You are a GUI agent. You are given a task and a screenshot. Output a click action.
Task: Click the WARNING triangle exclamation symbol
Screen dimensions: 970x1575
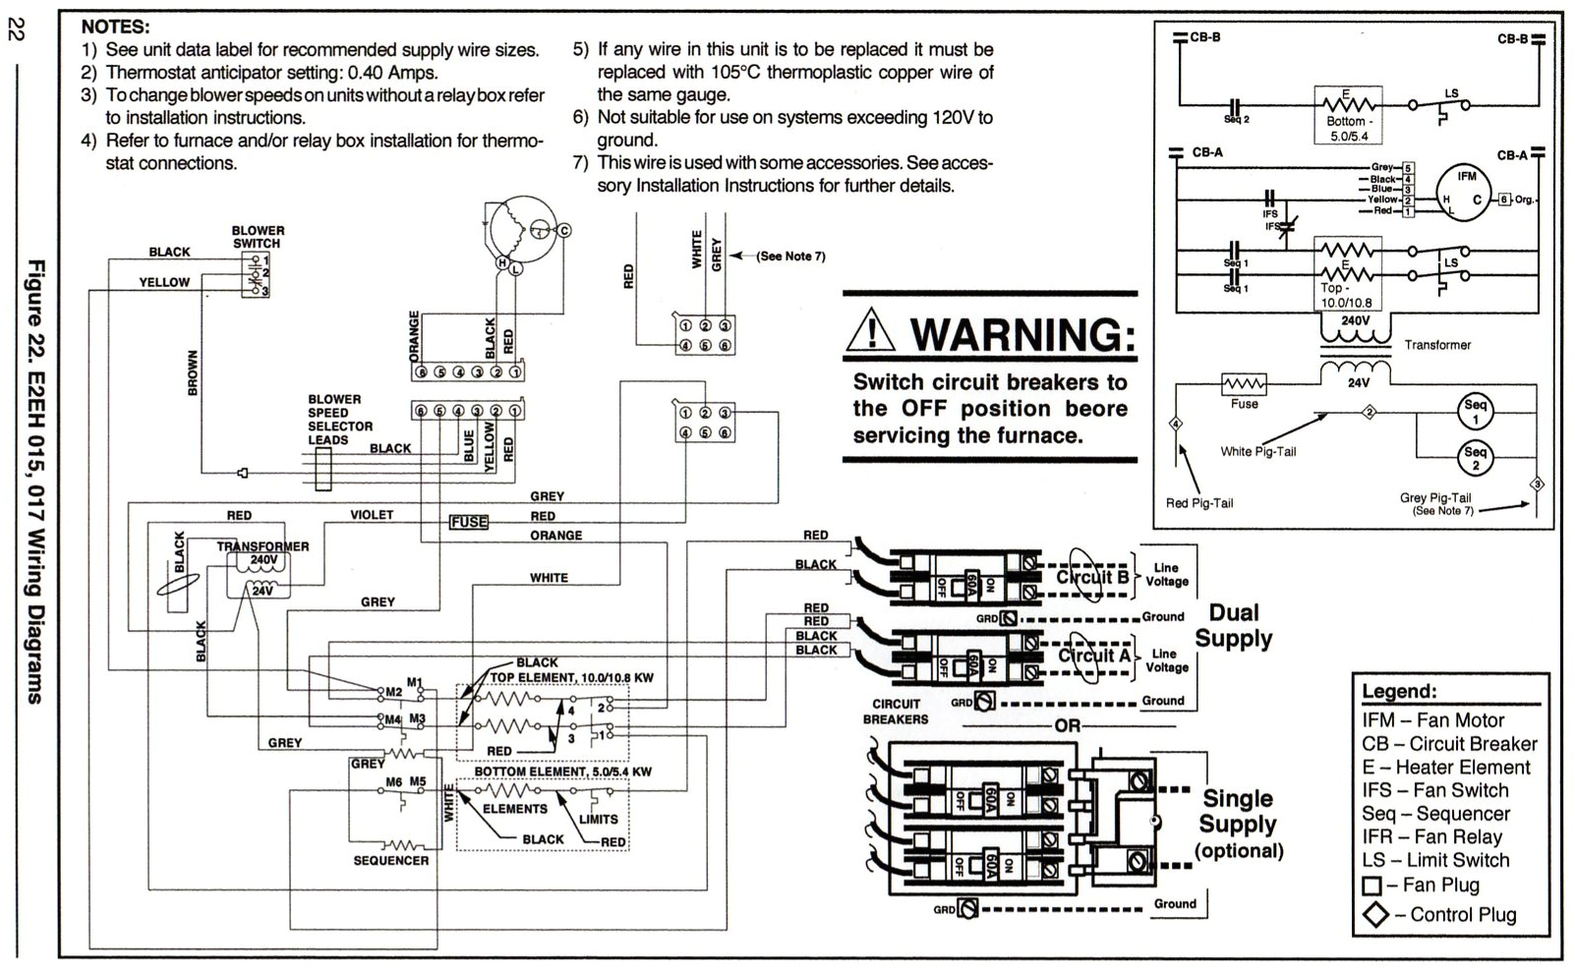[870, 332]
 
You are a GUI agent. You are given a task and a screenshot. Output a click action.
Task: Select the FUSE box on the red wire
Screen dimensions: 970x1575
[469, 522]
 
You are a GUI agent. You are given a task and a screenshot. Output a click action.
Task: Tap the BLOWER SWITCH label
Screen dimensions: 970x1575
[258, 237]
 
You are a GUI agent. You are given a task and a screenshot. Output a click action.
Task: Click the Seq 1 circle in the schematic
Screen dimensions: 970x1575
[1475, 412]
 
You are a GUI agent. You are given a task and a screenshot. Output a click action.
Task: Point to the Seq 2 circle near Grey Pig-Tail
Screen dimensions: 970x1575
[1475, 458]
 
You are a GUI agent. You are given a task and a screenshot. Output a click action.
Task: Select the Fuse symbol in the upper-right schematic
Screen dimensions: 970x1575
[1244, 384]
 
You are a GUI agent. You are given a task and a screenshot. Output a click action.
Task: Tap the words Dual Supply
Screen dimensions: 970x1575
[1234, 626]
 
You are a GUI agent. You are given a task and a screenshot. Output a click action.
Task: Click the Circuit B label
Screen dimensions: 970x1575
[1092, 577]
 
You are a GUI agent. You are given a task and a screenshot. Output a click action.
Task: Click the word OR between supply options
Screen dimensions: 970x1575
[1068, 726]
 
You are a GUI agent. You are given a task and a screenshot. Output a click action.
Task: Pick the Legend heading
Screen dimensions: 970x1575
[1399, 691]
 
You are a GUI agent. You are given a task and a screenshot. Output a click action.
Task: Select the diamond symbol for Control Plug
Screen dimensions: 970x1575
[1374, 915]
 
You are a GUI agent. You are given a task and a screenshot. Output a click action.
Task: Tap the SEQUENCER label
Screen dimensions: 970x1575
[391, 860]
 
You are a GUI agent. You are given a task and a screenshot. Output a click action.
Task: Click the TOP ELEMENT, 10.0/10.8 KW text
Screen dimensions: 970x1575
[571, 678]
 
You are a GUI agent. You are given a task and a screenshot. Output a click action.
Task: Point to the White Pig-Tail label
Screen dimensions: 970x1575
[1258, 452]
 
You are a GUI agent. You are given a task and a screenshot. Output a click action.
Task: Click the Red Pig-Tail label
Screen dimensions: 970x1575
[1199, 503]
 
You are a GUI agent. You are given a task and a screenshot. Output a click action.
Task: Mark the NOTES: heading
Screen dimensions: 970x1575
[115, 28]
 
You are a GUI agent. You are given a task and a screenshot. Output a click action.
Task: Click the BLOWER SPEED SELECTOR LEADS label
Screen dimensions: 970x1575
[339, 420]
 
